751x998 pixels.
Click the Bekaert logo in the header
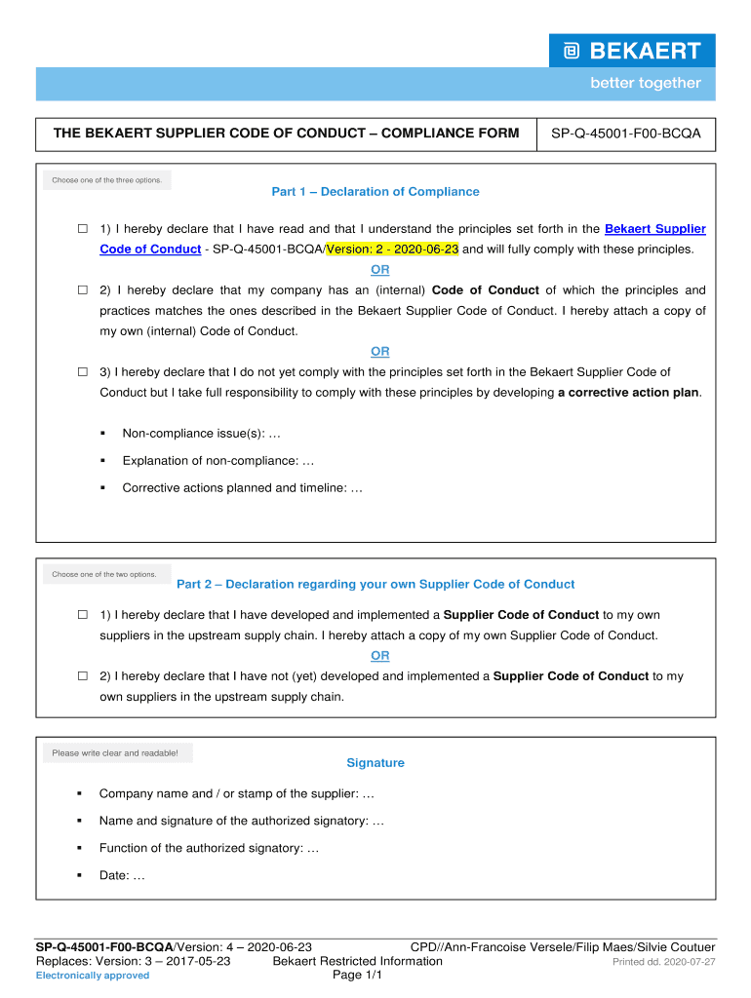632,51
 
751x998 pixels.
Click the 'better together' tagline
645,84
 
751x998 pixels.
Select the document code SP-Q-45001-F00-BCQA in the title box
625,133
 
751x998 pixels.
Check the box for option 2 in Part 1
83,290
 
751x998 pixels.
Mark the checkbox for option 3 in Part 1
83,372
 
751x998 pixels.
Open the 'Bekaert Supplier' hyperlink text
654,229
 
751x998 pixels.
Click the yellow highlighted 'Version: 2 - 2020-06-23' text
392,249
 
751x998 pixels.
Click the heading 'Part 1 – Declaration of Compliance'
375,192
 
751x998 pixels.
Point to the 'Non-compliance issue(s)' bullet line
201,433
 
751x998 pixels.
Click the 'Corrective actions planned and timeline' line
242,488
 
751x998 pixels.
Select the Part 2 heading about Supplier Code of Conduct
375,585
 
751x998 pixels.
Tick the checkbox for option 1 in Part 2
83,616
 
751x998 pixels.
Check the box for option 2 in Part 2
83,676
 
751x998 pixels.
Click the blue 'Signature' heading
375,763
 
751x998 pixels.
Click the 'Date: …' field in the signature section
122,875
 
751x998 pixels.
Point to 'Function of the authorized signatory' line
209,848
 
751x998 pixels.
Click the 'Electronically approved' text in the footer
93,976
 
